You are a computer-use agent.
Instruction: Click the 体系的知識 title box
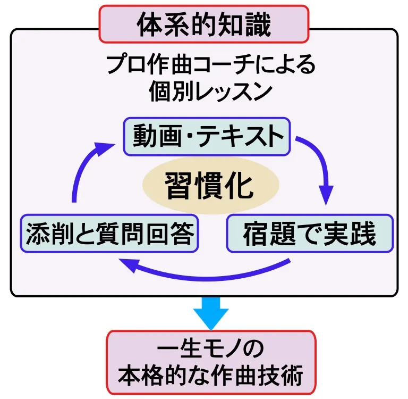204,23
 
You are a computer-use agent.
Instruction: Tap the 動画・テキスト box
207,137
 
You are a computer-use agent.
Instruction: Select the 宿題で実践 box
310,234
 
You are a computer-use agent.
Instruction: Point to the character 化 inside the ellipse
239,185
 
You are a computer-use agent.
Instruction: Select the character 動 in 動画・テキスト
143,137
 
